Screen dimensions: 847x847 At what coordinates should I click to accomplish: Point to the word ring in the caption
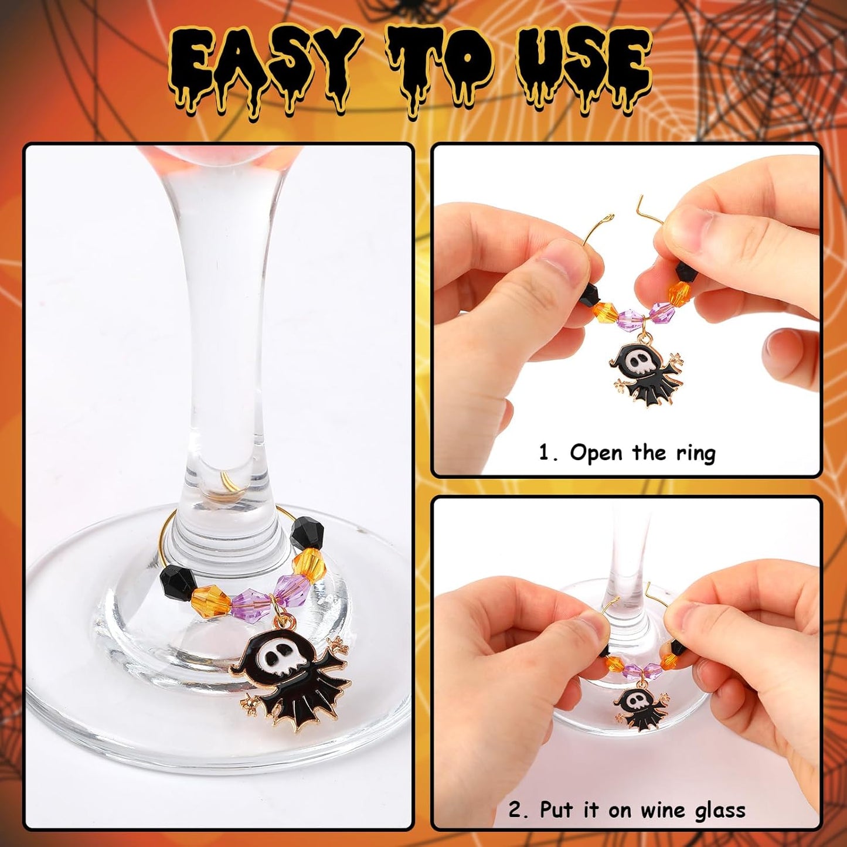[695, 453]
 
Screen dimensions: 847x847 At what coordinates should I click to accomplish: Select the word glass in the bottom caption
[720, 811]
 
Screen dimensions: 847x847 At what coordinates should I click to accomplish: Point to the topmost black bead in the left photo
[307, 534]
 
